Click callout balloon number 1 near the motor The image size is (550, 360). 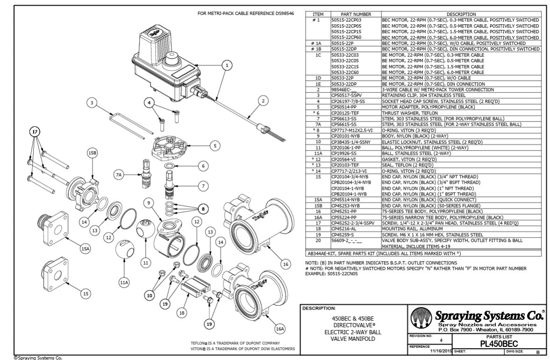227,65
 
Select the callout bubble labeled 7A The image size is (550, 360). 119,174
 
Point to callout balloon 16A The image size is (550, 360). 279,329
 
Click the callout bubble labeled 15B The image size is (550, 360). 93,153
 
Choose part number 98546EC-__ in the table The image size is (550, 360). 343,89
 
